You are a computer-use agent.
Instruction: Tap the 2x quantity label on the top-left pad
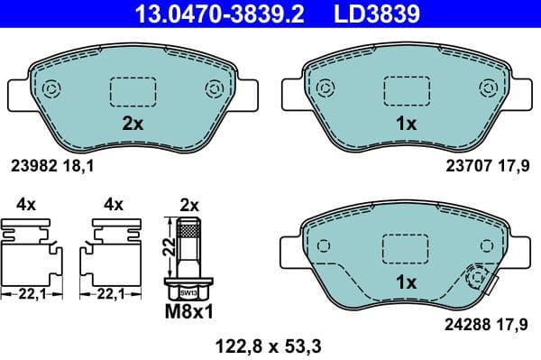pyautogui.click(x=133, y=125)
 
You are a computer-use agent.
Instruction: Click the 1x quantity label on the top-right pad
pyautogui.click(x=407, y=125)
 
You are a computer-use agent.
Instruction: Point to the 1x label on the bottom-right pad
pyautogui.click(x=407, y=282)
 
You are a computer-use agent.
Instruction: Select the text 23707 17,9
pyautogui.click(x=488, y=165)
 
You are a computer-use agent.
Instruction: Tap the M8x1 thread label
pyautogui.click(x=188, y=313)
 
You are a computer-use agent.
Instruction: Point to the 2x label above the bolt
pyautogui.click(x=188, y=205)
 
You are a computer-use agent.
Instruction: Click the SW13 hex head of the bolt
pyautogui.click(x=188, y=291)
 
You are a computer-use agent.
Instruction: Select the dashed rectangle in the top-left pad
pyautogui.click(x=133, y=91)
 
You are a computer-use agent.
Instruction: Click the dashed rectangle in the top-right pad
pyautogui.click(x=408, y=91)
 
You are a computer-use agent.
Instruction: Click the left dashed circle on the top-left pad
pyautogui.click(x=50, y=89)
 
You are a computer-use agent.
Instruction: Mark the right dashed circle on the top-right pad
pyautogui.click(x=490, y=88)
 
